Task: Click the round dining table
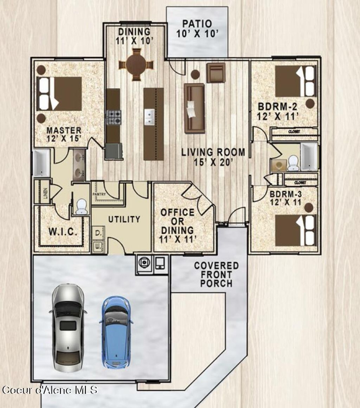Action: [x=136, y=65]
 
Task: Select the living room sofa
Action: [x=194, y=108]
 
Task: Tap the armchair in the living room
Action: [x=216, y=72]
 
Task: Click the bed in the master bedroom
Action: [x=60, y=94]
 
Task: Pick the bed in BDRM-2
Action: [x=295, y=81]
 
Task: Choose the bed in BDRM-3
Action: [x=295, y=230]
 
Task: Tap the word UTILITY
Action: [x=124, y=219]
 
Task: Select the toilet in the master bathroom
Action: [x=82, y=206]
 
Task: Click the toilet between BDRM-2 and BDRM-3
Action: [x=293, y=163]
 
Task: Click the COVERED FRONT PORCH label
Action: [x=216, y=274]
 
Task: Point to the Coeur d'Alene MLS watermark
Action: [x=50, y=390]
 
